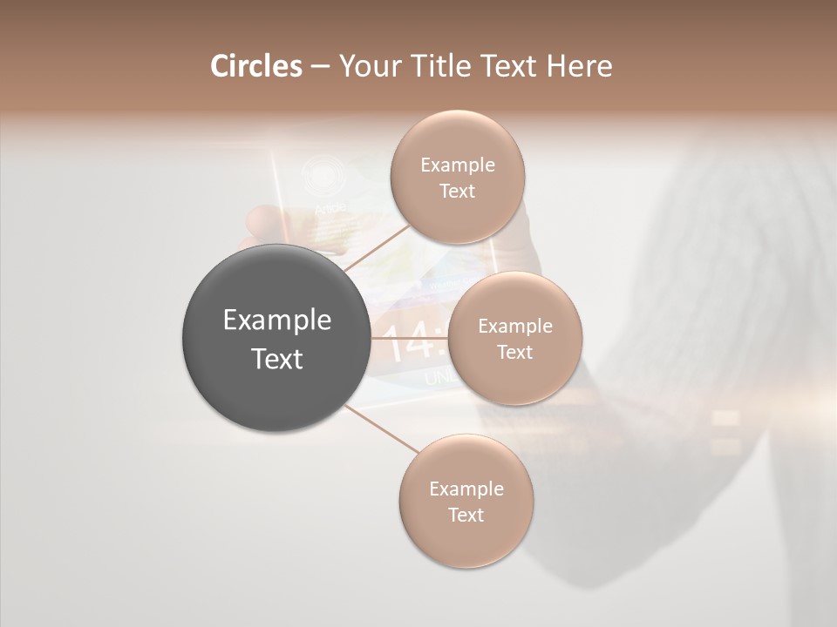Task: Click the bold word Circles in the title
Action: click(x=255, y=66)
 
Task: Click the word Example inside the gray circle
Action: click(x=277, y=320)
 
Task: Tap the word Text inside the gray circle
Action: click(x=277, y=359)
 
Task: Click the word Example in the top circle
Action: click(x=457, y=165)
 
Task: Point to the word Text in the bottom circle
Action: click(x=466, y=515)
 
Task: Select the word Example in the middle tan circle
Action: click(x=514, y=327)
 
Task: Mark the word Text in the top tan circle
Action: click(x=457, y=192)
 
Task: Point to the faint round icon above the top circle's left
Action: click(x=323, y=174)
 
